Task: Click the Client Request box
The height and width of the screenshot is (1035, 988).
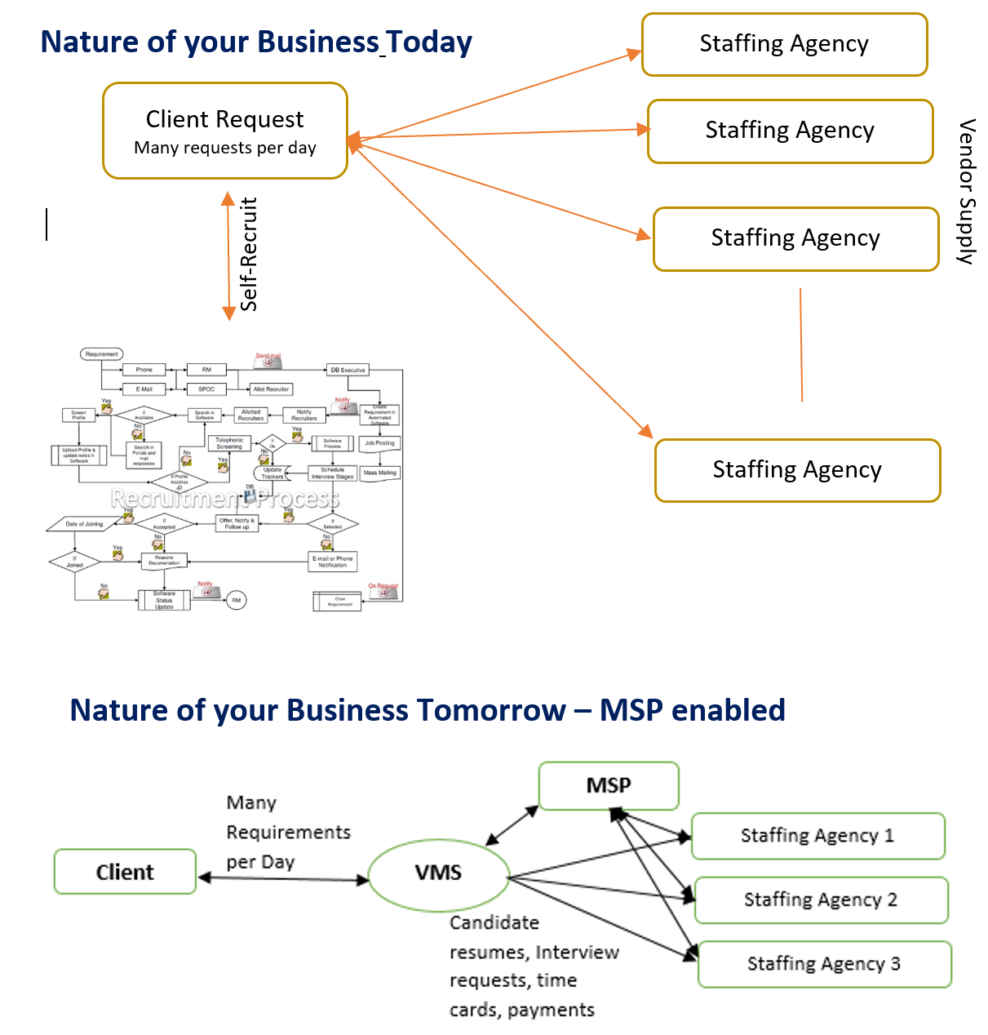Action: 225,131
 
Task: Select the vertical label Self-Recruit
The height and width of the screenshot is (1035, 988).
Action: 249,254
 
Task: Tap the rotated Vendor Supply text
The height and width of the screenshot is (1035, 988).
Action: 967,191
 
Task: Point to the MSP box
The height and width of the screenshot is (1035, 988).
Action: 609,786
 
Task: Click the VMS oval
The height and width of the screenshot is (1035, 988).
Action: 439,873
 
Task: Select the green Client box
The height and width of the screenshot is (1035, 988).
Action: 125,872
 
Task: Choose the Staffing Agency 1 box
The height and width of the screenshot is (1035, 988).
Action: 817,836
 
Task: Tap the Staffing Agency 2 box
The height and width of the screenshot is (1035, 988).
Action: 821,900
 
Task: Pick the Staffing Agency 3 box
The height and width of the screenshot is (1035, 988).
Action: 824,964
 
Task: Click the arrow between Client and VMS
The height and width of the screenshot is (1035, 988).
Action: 283,878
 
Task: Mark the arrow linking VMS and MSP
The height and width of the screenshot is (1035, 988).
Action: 512,826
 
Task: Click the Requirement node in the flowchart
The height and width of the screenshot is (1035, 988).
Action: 102,354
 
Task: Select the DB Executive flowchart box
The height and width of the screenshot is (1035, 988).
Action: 348,370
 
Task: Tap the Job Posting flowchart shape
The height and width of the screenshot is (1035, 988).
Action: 379,444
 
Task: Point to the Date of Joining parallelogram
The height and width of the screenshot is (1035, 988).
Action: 85,524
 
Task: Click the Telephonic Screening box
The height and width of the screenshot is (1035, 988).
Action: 229,443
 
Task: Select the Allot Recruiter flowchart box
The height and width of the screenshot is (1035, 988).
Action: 271,389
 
